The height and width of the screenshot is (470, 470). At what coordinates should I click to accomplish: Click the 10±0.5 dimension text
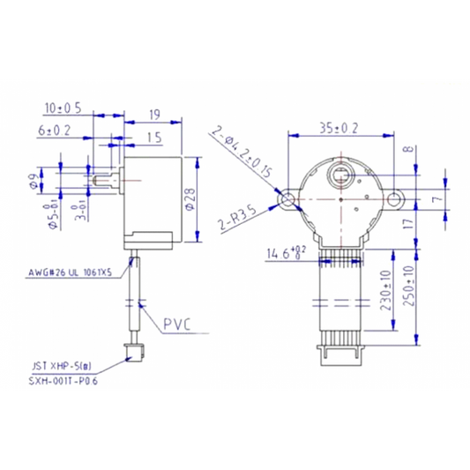[62, 108]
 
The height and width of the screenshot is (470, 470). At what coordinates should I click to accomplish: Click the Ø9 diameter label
[34, 183]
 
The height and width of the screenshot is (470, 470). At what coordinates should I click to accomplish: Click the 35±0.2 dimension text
[339, 127]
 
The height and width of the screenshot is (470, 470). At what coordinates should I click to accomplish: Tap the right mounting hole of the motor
[392, 199]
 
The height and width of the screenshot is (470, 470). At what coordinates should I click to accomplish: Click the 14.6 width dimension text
[284, 254]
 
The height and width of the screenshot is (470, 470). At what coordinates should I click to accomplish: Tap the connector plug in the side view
[134, 354]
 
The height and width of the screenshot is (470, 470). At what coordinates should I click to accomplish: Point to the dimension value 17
[408, 225]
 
